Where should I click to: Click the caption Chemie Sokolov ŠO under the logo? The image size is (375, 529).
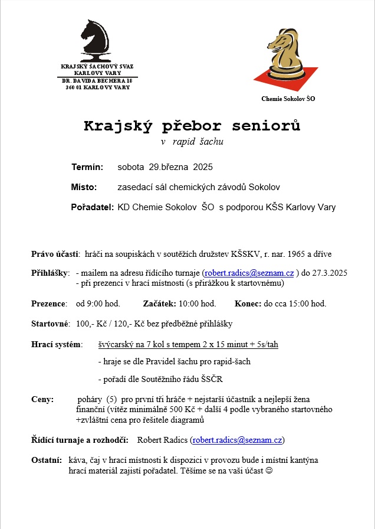[288, 99]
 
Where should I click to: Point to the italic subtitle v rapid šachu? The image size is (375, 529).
[192, 142]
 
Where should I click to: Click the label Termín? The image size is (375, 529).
[87, 167]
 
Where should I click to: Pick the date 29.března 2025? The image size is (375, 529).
[172, 167]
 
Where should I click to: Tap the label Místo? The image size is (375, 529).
[84, 187]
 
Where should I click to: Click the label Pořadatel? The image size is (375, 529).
[92, 207]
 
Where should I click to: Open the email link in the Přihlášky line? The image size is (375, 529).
[249, 273]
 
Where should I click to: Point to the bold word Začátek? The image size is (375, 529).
[159, 303]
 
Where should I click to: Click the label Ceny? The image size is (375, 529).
[42, 399]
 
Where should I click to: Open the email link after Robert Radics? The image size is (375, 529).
[238, 440]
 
